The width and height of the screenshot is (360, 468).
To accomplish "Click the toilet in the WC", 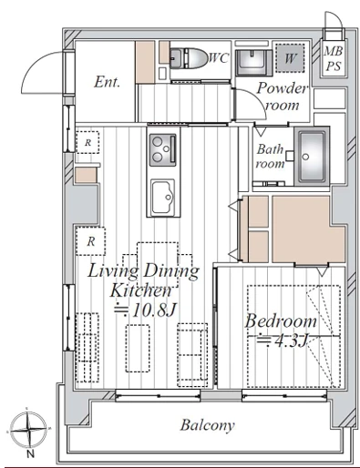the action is tap(188, 57).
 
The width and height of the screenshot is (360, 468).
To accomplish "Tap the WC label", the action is tap(218, 57).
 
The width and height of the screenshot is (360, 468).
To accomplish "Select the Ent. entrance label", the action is tap(107, 82).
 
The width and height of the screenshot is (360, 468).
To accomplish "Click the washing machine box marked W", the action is tap(290, 58).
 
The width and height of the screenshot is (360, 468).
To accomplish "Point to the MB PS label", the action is tap(334, 58).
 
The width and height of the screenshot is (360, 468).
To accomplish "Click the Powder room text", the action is tap(282, 97).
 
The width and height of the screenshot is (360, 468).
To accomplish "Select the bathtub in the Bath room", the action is tap(312, 156).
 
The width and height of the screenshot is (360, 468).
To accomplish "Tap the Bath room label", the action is tap(270, 157).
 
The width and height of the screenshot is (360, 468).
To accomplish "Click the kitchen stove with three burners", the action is tap(162, 150).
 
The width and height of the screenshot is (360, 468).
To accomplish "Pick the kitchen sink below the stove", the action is tap(163, 198).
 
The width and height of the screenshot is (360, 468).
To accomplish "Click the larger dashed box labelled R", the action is tap(90, 241).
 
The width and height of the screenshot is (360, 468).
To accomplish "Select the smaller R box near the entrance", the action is tap(87, 142).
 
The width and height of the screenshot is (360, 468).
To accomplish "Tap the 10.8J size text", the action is tap(145, 310).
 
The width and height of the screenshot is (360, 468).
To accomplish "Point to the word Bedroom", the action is tap(281, 321).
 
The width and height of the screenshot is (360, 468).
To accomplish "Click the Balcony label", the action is tap(208, 425).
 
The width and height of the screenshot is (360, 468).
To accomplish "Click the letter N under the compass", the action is tap(30, 454).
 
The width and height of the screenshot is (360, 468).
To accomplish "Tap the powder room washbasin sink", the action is tap(252, 62).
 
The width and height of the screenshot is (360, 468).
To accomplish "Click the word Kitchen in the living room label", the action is tap(141, 290).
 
